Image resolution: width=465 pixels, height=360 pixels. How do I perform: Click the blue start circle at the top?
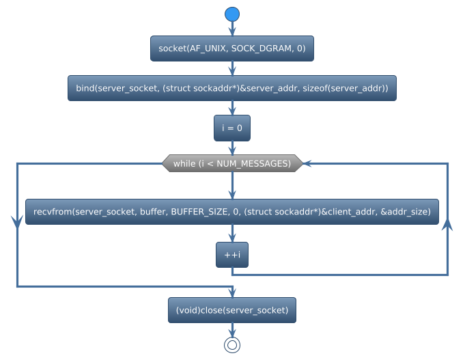pyautogui.click(x=232, y=14)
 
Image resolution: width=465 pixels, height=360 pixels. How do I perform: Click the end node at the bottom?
pyautogui.click(x=232, y=345)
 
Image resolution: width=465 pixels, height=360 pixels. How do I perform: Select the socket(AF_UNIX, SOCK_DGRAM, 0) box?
pyautogui.click(x=232, y=49)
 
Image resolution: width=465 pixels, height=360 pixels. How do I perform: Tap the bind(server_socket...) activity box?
pyautogui.click(x=232, y=88)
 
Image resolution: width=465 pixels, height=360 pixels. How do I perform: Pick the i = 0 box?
pyautogui.click(x=232, y=128)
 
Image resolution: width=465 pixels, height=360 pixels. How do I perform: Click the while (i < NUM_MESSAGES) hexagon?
pyautogui.click(x=232, y=163)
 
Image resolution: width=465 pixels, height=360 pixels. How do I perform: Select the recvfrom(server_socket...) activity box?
pyautogui.click(x=232, y=212)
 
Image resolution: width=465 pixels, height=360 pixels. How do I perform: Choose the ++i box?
pyautogui.click(x=232, y=255)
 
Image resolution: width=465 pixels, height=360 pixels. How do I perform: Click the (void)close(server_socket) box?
pyautogui.click(x=232, y=310)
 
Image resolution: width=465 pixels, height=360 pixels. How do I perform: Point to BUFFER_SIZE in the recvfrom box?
pyautogui.click(x=199, y=212)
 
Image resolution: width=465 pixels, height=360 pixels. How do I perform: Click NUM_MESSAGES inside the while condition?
pyautogui.click(x=261, y=163)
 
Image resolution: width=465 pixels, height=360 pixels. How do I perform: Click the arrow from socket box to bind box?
pyautogui.click(x=232, y=68)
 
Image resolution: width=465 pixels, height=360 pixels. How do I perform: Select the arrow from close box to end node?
pyautogui.click(x=232, y=329)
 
